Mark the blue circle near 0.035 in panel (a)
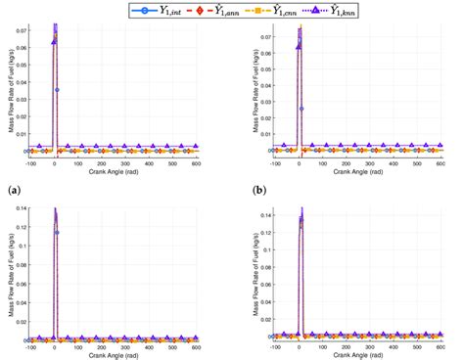coord(58,90)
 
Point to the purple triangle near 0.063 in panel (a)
coord(53,43)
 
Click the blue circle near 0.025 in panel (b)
coord(302,109)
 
